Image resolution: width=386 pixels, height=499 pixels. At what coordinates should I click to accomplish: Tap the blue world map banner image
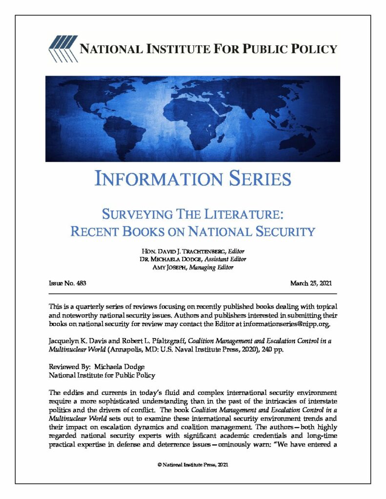193,118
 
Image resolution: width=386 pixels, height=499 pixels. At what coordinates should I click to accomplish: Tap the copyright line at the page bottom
193,465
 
